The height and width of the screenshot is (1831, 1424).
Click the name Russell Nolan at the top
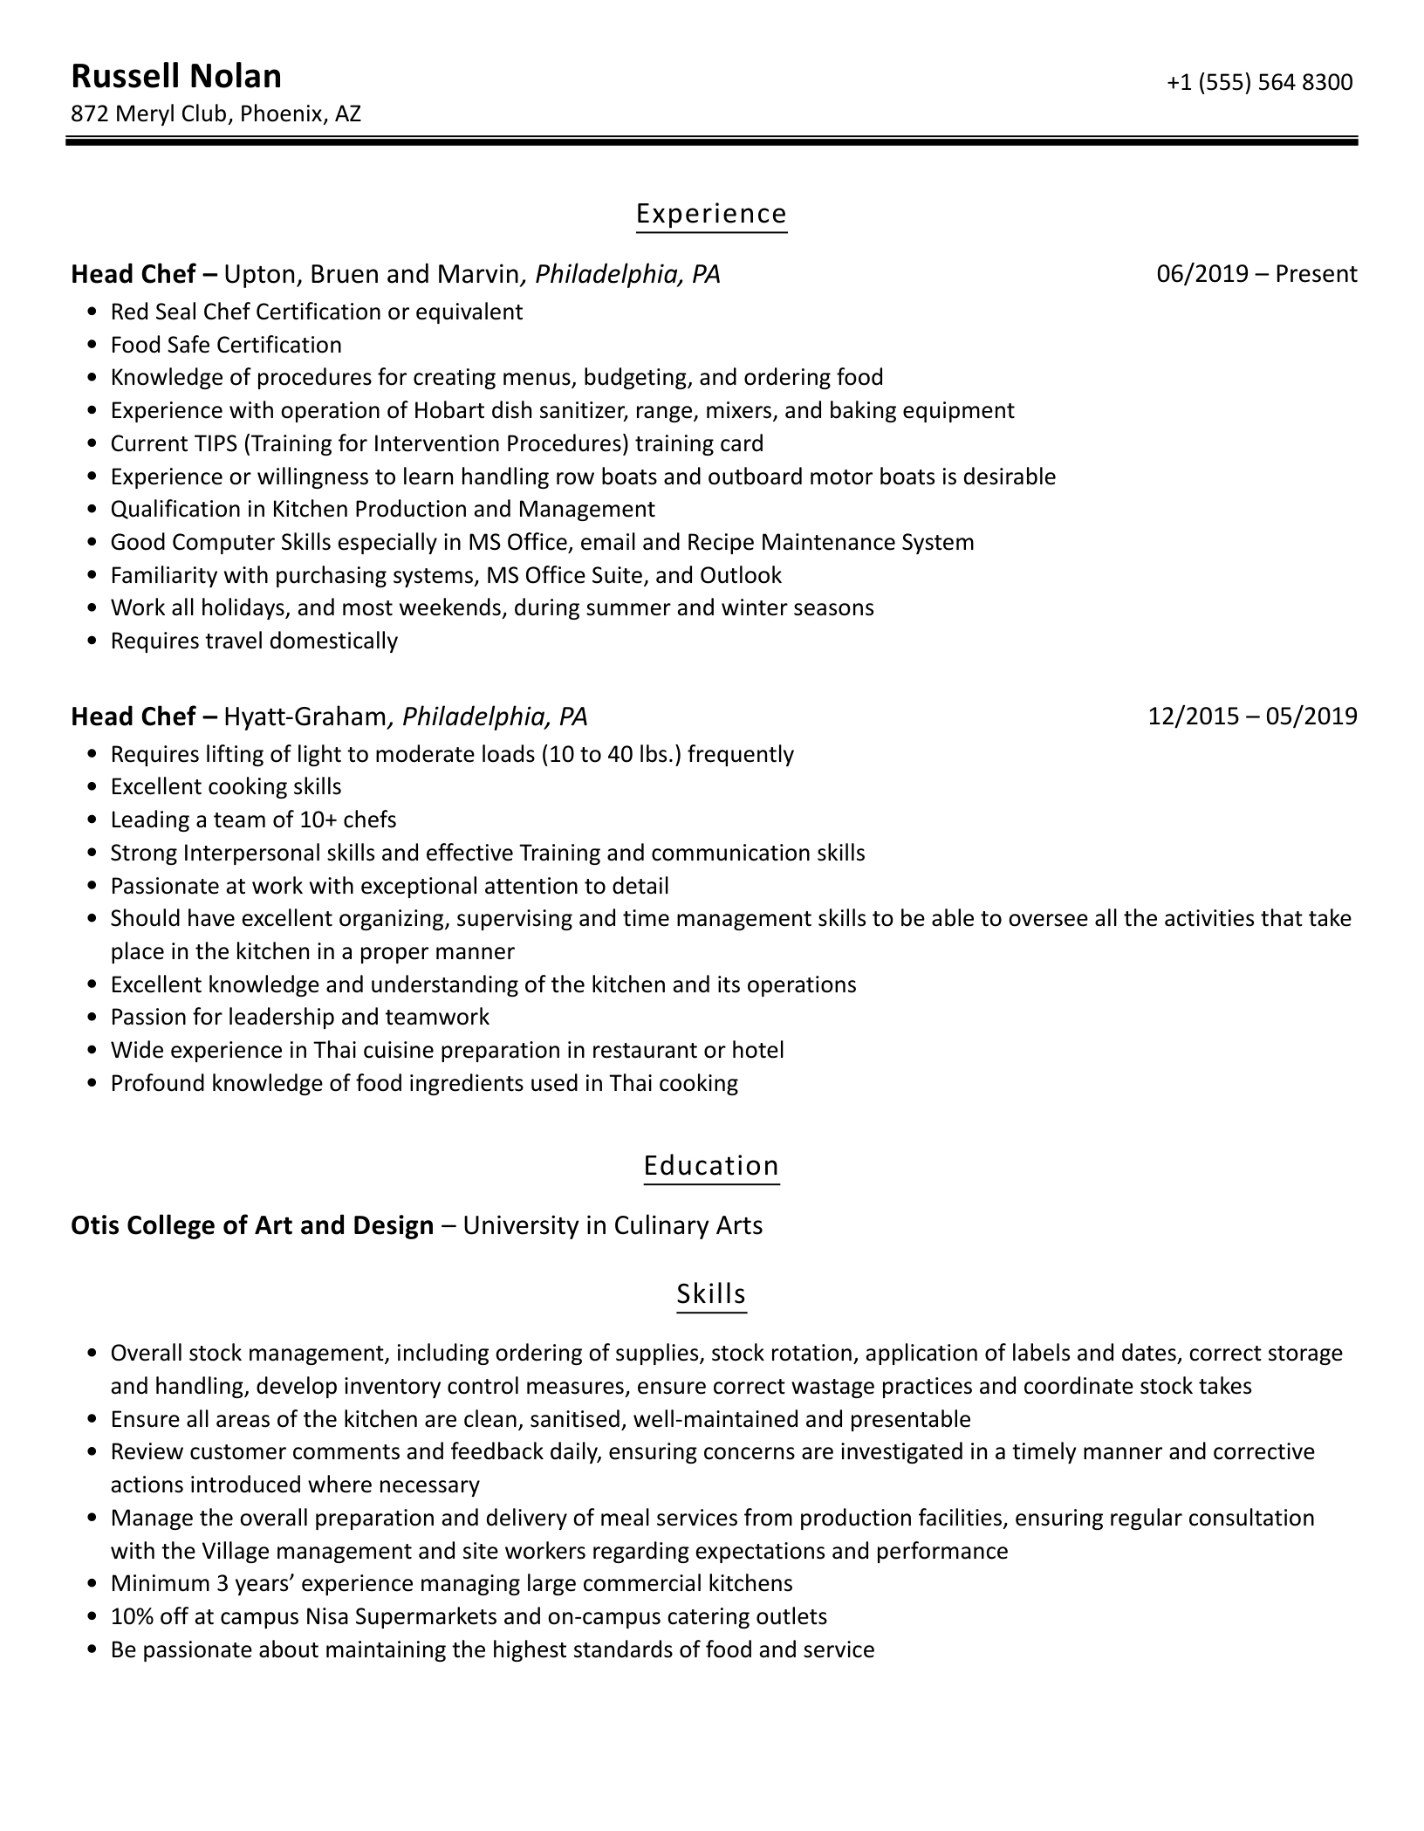176,77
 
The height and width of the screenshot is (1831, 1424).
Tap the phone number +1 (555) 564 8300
1259,82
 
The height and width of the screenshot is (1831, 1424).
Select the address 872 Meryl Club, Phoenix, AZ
216,113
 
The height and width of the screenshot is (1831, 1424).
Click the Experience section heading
711,214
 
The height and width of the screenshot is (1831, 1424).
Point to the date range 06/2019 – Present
1256,274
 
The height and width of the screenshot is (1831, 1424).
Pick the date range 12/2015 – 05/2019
1252,717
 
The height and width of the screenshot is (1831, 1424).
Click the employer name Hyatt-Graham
305,717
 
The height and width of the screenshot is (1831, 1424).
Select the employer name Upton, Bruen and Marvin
372,274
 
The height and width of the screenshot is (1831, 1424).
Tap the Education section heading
711,1166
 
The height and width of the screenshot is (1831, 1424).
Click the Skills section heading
711,1293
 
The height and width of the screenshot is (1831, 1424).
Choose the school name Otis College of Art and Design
252,1225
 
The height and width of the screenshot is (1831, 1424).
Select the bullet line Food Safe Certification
226,345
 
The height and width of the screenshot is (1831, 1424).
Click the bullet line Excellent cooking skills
226,786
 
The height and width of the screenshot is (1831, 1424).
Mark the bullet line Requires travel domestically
254,641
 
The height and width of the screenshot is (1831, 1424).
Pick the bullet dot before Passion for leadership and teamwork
92,1018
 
